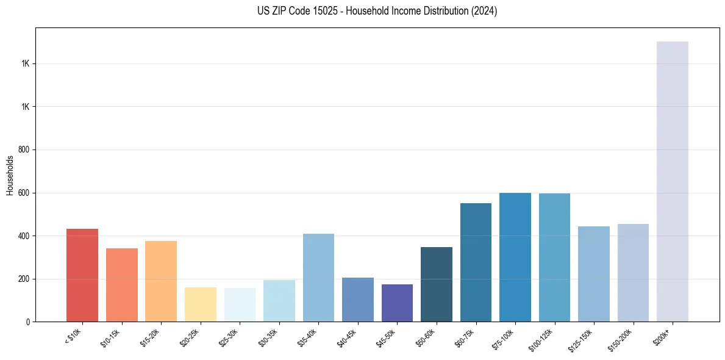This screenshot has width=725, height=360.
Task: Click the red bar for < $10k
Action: [x=82, y=275]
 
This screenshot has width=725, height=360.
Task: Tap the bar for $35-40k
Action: [x=318, y=278]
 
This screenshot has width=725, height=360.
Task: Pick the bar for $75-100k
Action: [x=515, y=257]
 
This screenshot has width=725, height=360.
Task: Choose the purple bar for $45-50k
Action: [x=397, y=303]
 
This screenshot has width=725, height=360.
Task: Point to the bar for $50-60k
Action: [x=437, y=284]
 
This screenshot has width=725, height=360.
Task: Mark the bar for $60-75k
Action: [x=476, y=262]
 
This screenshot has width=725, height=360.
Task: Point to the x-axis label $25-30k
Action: [x=228, y=337]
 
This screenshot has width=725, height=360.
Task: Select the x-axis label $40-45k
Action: [x=346, y=337]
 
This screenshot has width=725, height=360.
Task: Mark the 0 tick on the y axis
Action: [x=27, y=322]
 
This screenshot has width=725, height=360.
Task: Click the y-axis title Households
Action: [x=10, y=175]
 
